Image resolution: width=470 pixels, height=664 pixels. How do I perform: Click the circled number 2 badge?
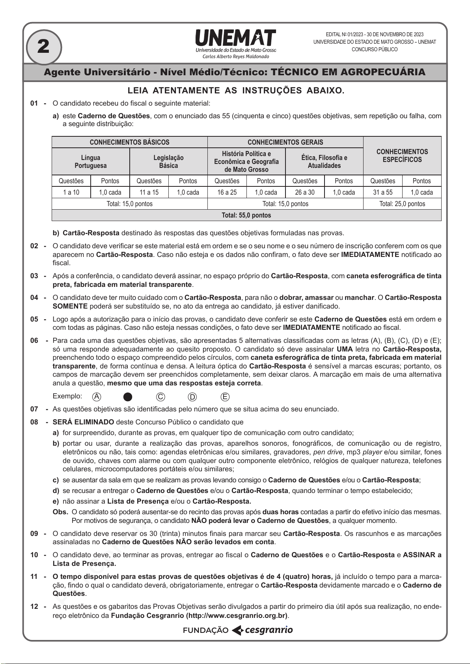pos(43,47)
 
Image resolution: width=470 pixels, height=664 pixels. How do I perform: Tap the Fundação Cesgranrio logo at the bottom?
pos(238,630)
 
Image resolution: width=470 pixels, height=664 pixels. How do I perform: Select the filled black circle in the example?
pos(128,397)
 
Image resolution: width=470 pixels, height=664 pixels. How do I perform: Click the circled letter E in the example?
pos(225,397)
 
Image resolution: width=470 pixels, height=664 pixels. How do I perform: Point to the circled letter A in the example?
pos(97,397)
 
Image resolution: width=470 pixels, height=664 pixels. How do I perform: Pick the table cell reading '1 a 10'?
pos(71,192)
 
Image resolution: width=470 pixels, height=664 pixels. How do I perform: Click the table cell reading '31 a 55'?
pos(382,192)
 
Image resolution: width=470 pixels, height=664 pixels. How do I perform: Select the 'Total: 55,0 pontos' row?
pos(246,215)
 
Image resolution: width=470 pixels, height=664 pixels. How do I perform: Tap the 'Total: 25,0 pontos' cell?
pos(402,204)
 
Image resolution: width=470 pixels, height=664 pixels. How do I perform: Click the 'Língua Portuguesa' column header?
pos(91,162)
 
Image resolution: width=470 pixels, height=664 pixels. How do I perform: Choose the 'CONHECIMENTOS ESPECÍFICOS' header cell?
pos(402,156)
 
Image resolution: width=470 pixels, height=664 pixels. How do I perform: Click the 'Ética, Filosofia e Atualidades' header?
pos(324,162)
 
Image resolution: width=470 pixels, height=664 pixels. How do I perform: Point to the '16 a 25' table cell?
pos(227,192)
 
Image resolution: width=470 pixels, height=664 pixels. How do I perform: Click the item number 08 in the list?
pos(35,422)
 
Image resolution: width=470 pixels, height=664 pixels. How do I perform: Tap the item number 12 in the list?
pos(35,606)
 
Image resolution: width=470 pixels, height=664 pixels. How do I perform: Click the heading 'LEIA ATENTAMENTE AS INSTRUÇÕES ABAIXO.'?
pos(236,91)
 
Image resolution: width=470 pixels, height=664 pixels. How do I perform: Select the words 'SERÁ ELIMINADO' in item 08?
pos(83,422)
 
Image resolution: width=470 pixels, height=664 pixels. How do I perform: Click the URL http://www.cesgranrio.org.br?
pos(237,616)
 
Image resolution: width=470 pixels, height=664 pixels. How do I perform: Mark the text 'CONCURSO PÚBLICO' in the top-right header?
pos(375,50)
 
